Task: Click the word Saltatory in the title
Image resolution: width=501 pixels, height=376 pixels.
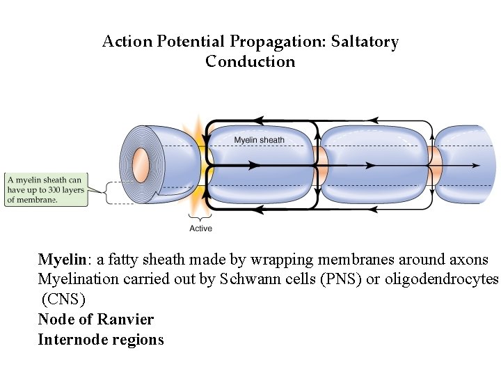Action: point(365,42)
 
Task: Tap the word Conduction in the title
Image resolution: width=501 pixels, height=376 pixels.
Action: point(250,61)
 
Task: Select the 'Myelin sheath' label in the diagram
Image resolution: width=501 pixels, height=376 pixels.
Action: point(259,140)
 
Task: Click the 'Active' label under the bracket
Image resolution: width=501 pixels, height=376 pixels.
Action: point(200,228)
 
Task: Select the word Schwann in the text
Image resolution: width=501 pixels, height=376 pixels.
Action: point(243,280)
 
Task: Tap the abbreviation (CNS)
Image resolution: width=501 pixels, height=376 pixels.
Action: point(63,300)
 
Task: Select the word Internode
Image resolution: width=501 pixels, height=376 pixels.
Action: point(69,340)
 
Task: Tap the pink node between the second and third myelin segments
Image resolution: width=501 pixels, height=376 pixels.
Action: point(434,165)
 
